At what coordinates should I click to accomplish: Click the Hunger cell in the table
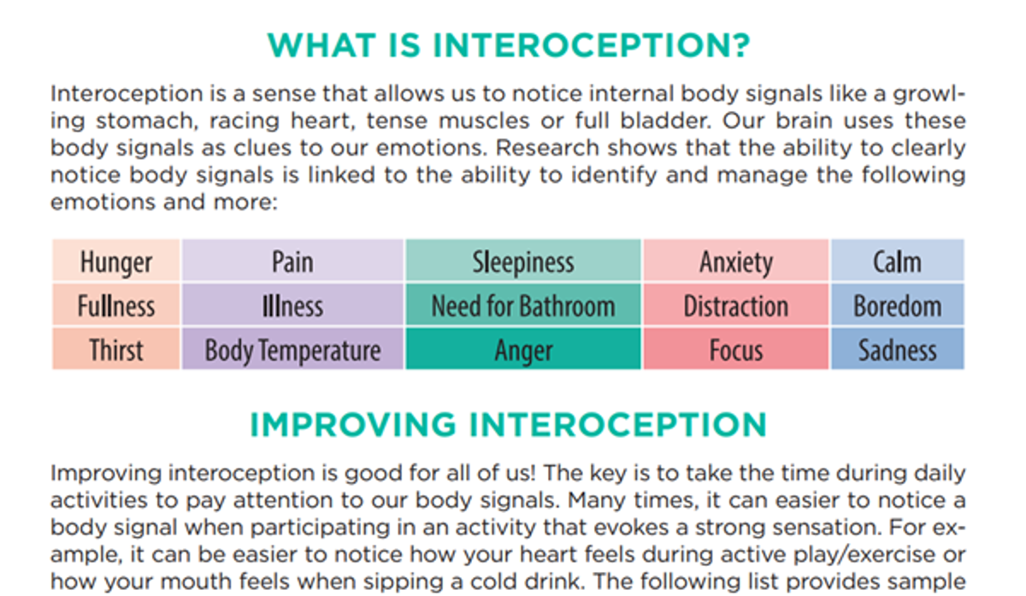click(116, 260)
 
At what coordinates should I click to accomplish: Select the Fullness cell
click(116, 304)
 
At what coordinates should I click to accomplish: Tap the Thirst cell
click(116, 349)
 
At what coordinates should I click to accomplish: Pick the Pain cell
click(292, 260)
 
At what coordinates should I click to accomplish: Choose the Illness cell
click(292, 304)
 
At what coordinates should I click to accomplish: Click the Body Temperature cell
click(292, 349)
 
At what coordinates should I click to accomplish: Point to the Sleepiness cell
click(523, 260)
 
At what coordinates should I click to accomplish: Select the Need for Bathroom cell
click(523, 304)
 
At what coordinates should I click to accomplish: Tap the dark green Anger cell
click(523, 349)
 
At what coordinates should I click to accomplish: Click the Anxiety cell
click(736, 260)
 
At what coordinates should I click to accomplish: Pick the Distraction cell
click(736, 304)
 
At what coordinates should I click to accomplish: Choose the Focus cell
click(736, 349)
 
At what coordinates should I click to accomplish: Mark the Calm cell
click(898, 260)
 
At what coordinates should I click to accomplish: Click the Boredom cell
click(898, 304)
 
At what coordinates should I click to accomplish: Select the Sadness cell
click(898, 349)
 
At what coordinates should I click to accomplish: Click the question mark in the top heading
click(739, 45)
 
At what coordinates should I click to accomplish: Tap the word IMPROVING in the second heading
click(352, 425)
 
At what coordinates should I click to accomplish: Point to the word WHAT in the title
click(321, 45)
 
